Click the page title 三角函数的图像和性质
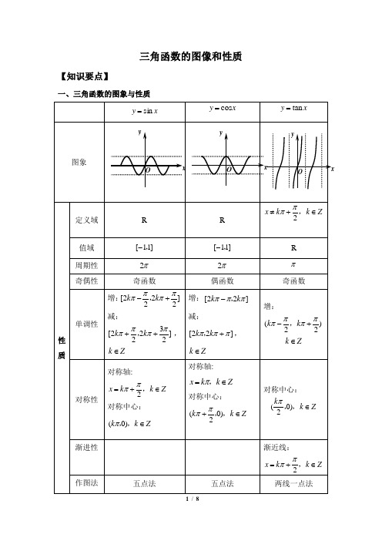point(190,56)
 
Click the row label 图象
point(79,163)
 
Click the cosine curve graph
point(222,163)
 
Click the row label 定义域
point(85,220)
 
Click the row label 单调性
point(85,324)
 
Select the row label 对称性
point(85,399)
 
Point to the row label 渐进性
point(85,447)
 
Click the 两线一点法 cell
point(297,482)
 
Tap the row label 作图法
point(85,482)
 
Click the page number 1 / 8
point(191,499)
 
